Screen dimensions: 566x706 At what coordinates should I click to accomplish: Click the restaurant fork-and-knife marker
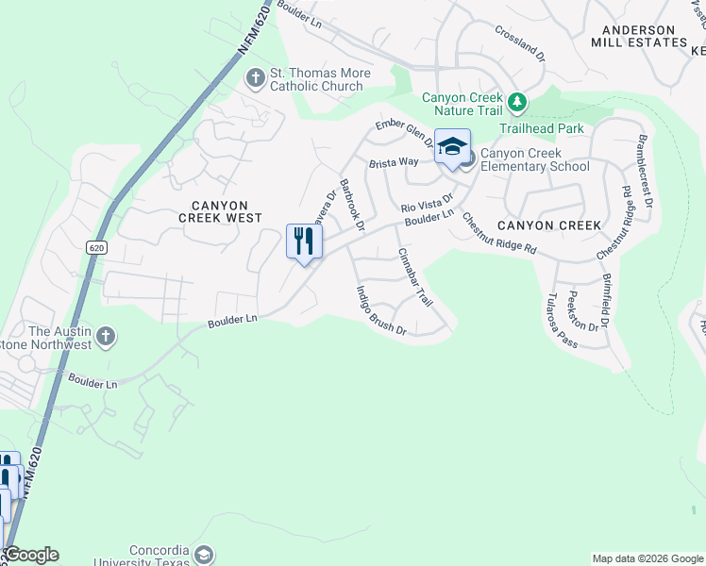tap(304, 241)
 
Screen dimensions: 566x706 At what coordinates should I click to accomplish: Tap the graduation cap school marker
tap(452, 146)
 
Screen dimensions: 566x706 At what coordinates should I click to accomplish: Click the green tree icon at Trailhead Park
tap(516, 100)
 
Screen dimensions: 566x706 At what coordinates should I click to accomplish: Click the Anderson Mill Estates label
tap(639, 36)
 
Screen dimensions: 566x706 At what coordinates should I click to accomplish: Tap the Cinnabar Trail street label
tap(415, 276)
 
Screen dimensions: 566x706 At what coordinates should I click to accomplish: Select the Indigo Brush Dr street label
tap(381, 310)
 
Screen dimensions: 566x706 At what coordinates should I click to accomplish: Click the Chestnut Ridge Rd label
tap(498, 234)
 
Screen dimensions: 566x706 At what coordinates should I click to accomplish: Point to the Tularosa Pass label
tap(562, 319)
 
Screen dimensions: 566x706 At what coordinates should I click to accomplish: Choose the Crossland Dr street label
tap(520, 42)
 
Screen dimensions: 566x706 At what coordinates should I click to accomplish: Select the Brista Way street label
tap(394, 162)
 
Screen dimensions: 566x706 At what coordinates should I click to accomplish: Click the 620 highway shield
tap(94, 247)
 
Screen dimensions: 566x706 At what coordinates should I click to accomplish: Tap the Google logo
tap(30, 555)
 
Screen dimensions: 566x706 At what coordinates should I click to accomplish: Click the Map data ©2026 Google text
tap(647, 558)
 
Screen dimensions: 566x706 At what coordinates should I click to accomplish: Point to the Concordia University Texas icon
tap(202, 554)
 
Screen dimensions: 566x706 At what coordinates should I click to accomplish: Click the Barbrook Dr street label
tap(351, 205)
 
